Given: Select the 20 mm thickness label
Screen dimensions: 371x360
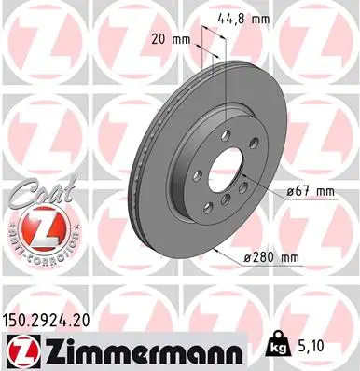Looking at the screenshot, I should pyautogui.click(x=168, y=38).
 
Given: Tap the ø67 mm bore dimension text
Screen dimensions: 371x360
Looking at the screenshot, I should pyautogui.click(x=309, y=191).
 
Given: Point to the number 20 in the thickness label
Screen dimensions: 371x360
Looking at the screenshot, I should pyautogui.click(x=158, y=38).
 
